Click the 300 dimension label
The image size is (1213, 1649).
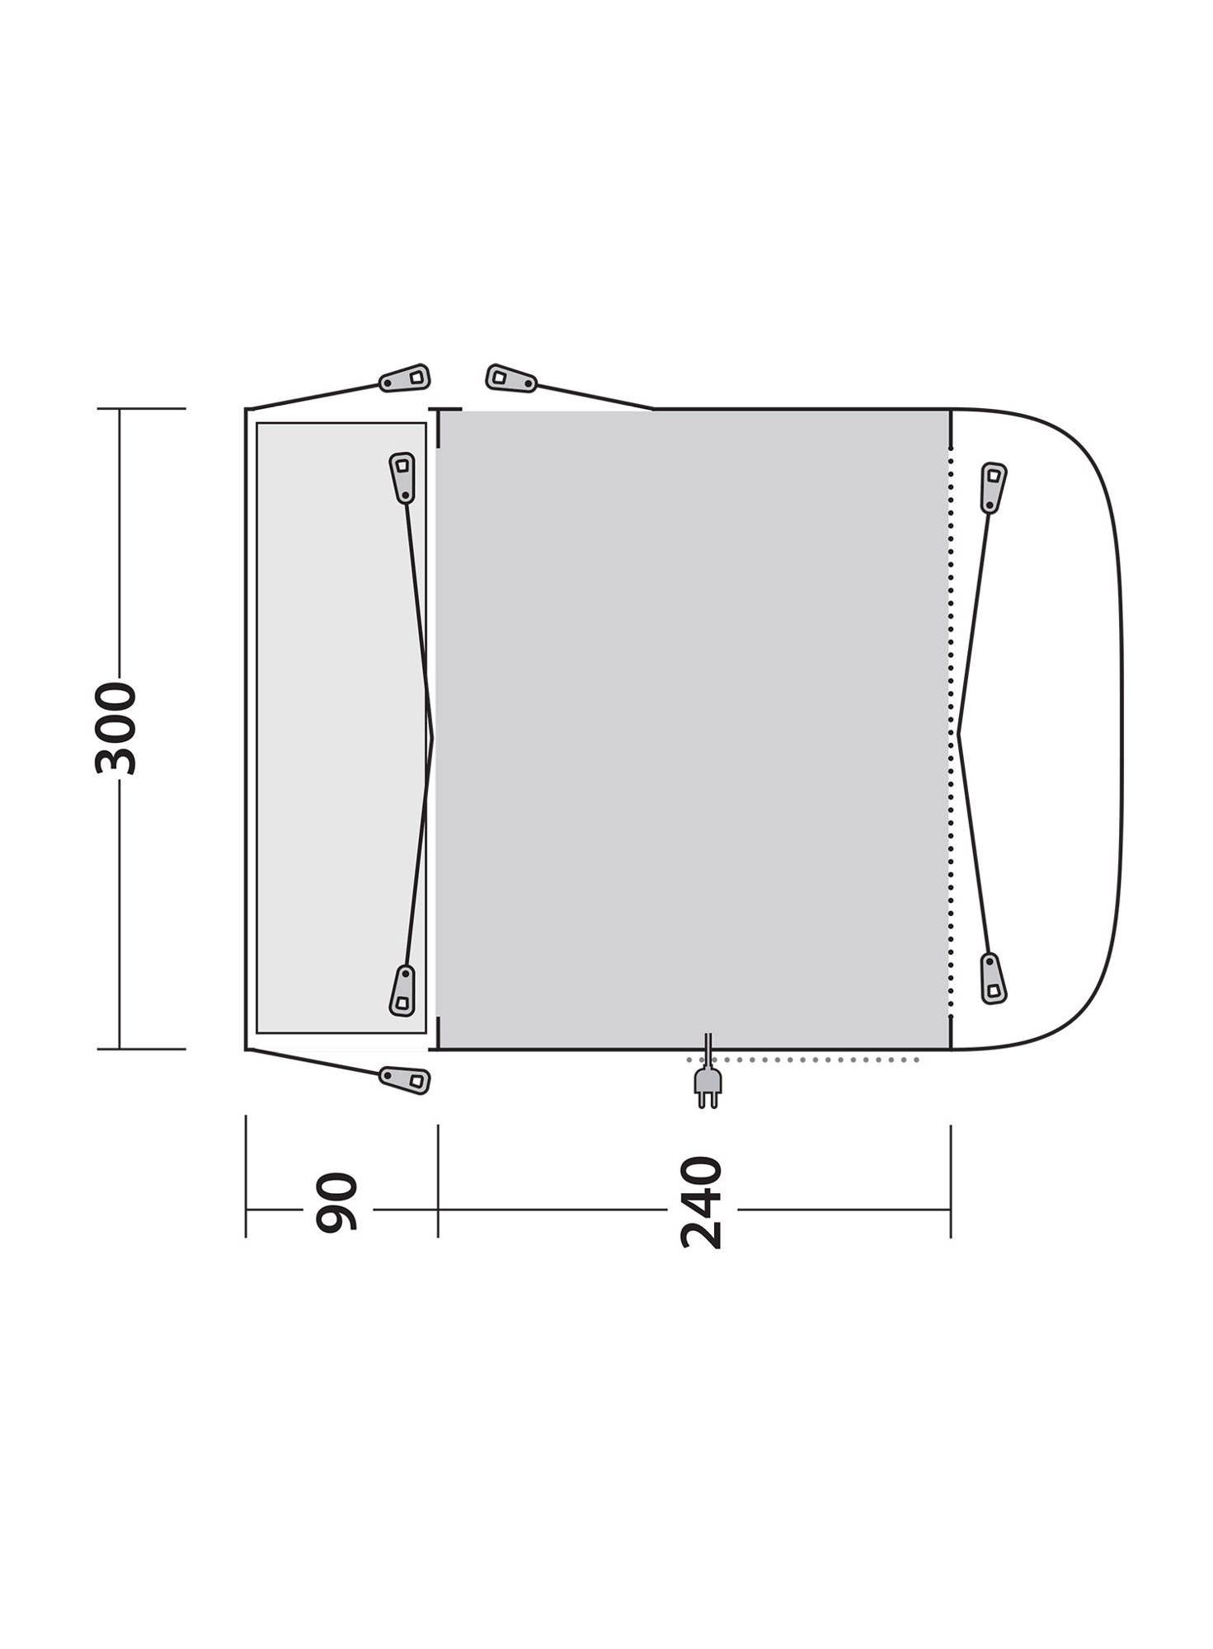click(x=115, y=728)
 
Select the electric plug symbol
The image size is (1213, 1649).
click(x=708, y=1079)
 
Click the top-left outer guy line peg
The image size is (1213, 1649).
click(x=405, y=378)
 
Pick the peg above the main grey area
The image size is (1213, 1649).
click(x=511, y=378)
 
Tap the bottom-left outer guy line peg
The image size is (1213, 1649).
click(x=405, y=1080)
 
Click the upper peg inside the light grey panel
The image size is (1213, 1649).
click(x=402, y=477)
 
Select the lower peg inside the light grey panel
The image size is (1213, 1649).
click(x=402, y=990)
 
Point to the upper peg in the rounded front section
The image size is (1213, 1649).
click(x=994, y=488)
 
